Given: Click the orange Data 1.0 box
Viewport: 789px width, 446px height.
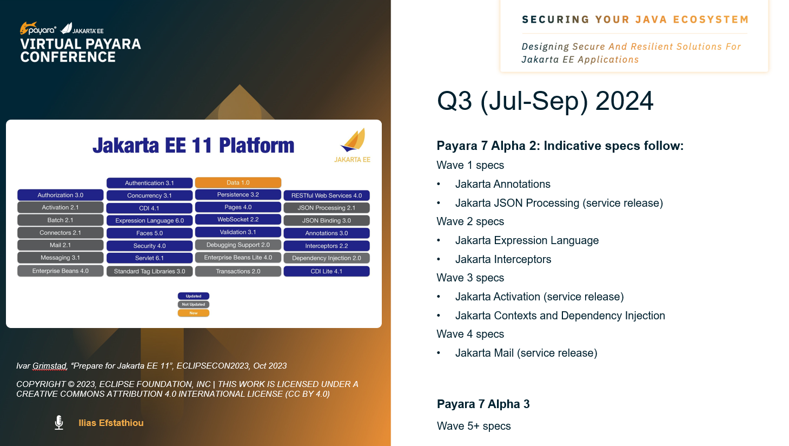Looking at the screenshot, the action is pyautogui.click(x=238, y=182).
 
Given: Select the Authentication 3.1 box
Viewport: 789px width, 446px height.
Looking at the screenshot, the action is pyautogui.click(x=149, y=182).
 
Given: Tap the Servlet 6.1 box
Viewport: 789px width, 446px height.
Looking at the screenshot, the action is pyautogui.click(x=149, y=258).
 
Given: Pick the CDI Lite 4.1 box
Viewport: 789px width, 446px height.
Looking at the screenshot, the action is pyautogui.click(x=327, y=271).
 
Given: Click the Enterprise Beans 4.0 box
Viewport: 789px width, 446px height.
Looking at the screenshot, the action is pyautogui.click(x=60, y=271).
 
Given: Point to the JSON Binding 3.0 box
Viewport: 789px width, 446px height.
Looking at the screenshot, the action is pyautogui.click(x=327, y=220).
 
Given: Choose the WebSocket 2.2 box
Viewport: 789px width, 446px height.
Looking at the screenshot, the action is pyautogui.click(x=238, y=219).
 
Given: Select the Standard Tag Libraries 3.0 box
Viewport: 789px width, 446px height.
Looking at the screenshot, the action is pyautogui.click(x=149, y=271).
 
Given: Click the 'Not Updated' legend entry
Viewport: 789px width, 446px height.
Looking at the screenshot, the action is pyautogui.click(x=194, y=304).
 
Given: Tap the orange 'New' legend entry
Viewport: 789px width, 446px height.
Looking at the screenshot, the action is pyautogui.click(x=194, y=313).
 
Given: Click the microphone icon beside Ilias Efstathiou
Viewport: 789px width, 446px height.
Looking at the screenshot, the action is pyautogui.click(x=59, y=422).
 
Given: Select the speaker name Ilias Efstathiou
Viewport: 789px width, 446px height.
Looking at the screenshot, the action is pyautogui.click(x=111, y=423).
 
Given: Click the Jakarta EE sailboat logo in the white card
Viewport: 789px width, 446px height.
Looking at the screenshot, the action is pyautogui.click(x=353, y=140).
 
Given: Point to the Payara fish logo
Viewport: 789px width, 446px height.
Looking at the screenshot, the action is pyautogui.click(x=28, y=28).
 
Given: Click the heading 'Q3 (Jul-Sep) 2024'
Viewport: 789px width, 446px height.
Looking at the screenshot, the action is pyautogui.click(x=545, y=102).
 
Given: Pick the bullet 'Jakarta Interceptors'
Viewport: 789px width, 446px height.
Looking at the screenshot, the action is pyautogui.click(x=503, y=259).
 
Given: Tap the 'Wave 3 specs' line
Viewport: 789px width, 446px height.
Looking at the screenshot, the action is pyautogui.click(x=470, y=278).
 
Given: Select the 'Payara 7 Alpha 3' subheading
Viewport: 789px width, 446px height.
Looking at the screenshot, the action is pyautogui.click(x=483, y=404).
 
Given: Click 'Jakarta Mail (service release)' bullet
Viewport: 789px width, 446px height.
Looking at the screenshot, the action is pyautogui.click(x=526, y=353).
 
